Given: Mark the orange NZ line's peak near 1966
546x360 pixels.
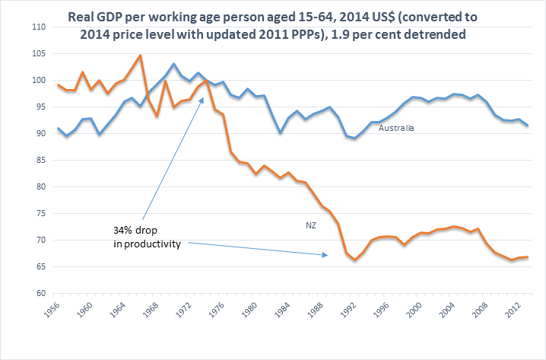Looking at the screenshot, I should (140, 56).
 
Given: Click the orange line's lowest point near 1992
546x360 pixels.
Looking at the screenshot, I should (354, 260).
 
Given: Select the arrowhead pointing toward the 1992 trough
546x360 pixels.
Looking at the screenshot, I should (327, 255).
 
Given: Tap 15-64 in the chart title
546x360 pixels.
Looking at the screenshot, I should (296, 16).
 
